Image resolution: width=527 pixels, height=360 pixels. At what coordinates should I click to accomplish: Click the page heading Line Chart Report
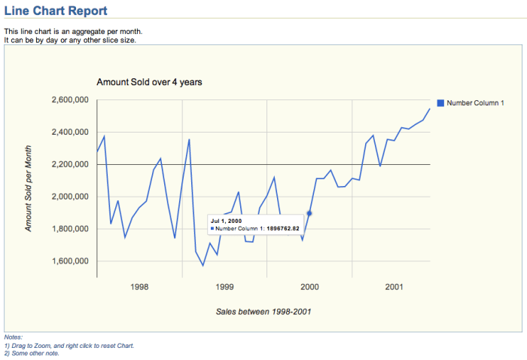(x=56, y=11)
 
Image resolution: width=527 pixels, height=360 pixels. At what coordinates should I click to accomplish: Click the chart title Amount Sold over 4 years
(x=149, y=81)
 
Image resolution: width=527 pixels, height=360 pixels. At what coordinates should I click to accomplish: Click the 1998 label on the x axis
(x=139, y=287)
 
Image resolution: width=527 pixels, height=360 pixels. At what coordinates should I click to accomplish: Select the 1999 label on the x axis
(x=224, y=287)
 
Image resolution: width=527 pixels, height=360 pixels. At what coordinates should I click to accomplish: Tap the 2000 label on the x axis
(x=309, y=287)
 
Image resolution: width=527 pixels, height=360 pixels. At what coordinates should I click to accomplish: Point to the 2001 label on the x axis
(x=394, y=287)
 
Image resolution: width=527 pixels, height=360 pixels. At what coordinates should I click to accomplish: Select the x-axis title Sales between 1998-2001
(x=263, y=311)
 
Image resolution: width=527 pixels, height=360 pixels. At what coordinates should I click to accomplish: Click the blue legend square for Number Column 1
(x=441, y=102)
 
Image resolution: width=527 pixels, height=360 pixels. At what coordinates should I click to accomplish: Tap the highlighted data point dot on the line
(x=309, y=214)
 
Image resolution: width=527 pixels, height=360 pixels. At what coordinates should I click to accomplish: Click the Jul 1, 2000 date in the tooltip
(x=227, y=220)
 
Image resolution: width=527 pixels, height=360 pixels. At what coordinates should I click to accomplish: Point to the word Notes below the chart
(x=13, y=337)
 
